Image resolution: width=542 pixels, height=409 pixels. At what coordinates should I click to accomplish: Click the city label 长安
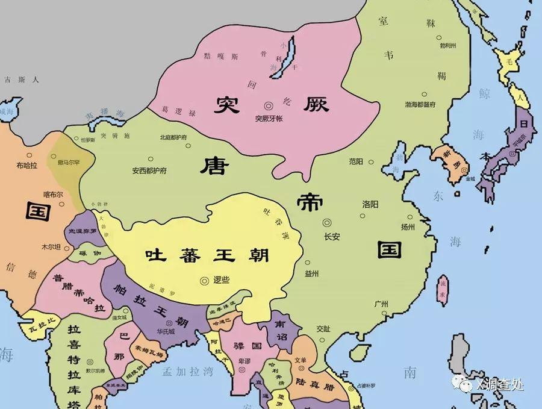click(332, 237)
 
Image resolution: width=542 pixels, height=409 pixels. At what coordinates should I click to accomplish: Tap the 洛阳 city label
click(370, 205)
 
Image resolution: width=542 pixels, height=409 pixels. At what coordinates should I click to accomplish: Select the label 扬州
click(408, 227)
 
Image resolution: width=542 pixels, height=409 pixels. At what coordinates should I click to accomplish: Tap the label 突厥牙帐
click(269, 118)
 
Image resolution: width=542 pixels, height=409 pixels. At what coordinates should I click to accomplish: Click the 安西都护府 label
click(149, 170)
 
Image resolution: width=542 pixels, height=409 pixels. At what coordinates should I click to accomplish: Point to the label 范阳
click(356, 161)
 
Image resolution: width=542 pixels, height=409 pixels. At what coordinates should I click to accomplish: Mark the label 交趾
click(323, 329)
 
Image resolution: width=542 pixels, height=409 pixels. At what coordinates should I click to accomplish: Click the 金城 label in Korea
click(469, 178)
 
